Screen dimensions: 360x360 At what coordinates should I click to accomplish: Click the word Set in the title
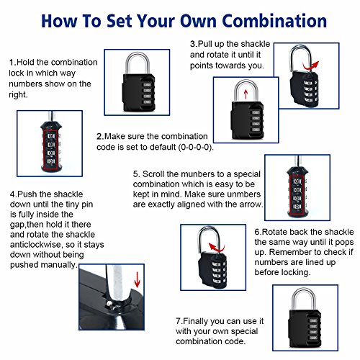pos(119,21)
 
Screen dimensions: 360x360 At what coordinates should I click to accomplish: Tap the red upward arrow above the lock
pos(246,94)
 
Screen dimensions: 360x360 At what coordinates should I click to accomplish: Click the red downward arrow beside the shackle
pos(137,279)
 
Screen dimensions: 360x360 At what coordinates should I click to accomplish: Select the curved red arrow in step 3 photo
pos(310,67)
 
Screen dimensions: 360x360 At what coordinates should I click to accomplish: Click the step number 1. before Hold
pos(13,63)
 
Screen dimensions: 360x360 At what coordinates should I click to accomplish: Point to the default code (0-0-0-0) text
pos(196,147)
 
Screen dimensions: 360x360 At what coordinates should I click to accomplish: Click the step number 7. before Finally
pos(179,321)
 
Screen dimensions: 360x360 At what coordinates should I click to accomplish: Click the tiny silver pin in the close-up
pos(109,304)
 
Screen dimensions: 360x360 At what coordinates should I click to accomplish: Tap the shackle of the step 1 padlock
pos(138,55)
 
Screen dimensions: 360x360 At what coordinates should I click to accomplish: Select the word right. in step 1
pos(18,95)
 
